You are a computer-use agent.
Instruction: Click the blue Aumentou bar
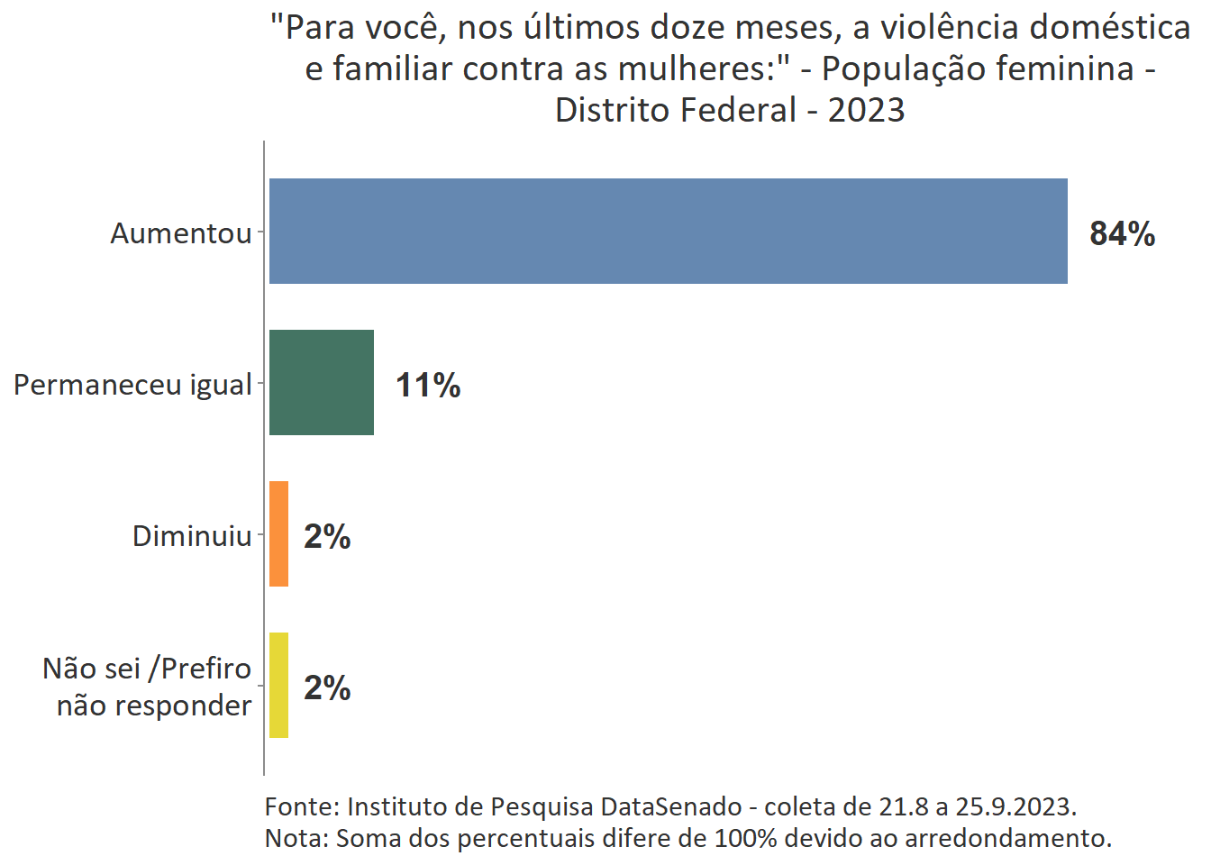[668, 231]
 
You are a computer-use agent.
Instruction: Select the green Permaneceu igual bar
[321, 382]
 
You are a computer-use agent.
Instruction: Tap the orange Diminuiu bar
[278, 533]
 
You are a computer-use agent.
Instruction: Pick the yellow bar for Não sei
[278, 685]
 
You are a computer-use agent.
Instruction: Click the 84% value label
[1122, 233]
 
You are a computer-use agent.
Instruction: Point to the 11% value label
[428, 385]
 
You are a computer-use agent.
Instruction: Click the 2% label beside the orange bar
[327, 536]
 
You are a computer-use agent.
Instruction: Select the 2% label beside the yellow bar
[327, 687]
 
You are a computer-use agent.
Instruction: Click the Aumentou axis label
[181, 233]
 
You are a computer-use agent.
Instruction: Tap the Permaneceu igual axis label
[132, 385]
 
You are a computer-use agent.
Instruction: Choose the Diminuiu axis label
[192, 536]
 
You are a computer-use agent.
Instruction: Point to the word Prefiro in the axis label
[205, 669]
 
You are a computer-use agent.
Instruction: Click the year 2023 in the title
[866, 110]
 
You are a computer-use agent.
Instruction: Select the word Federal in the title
[739, 110]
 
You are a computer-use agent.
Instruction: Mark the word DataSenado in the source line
[671, 806]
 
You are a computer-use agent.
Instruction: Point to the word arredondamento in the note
[1007, 838]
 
